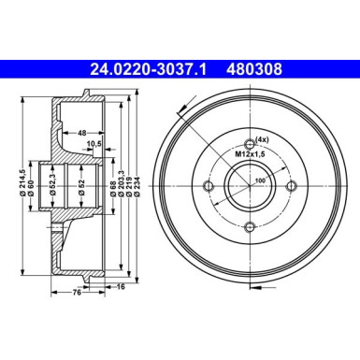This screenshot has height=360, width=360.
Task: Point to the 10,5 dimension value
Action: coord(94,145)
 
